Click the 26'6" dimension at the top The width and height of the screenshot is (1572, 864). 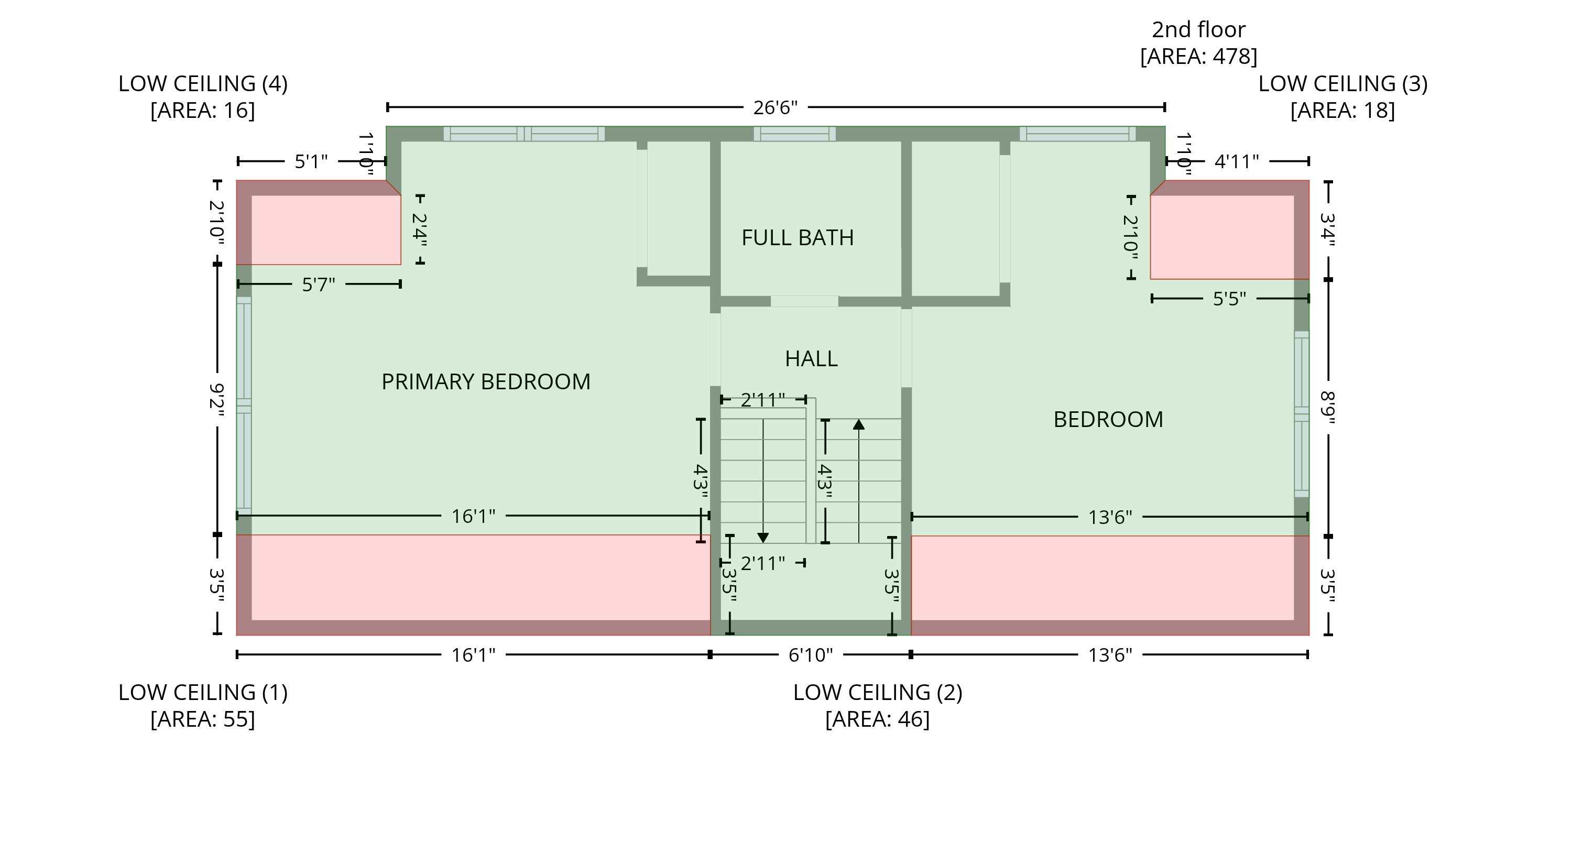click(775, 107)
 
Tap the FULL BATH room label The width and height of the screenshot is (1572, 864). click(798, 237)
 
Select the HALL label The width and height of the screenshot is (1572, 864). click(811, 358)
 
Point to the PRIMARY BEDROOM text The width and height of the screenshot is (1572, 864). click(486, 381)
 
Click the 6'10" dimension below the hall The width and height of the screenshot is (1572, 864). click(811, 655)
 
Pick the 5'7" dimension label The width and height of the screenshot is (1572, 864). click(319, 285)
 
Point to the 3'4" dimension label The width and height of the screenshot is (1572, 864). click(1328, 229)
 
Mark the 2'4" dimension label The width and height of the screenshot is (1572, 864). click(420, 229)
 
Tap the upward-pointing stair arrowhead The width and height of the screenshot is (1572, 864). click(859, 424)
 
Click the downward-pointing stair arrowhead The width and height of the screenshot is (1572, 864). click(763, 538)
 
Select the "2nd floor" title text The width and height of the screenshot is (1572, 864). click(1198, 29)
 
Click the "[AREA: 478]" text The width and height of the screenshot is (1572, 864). click(1198, 56)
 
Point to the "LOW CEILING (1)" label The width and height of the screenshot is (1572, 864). click(203, 692)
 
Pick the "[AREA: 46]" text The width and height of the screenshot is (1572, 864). click(878, 719)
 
